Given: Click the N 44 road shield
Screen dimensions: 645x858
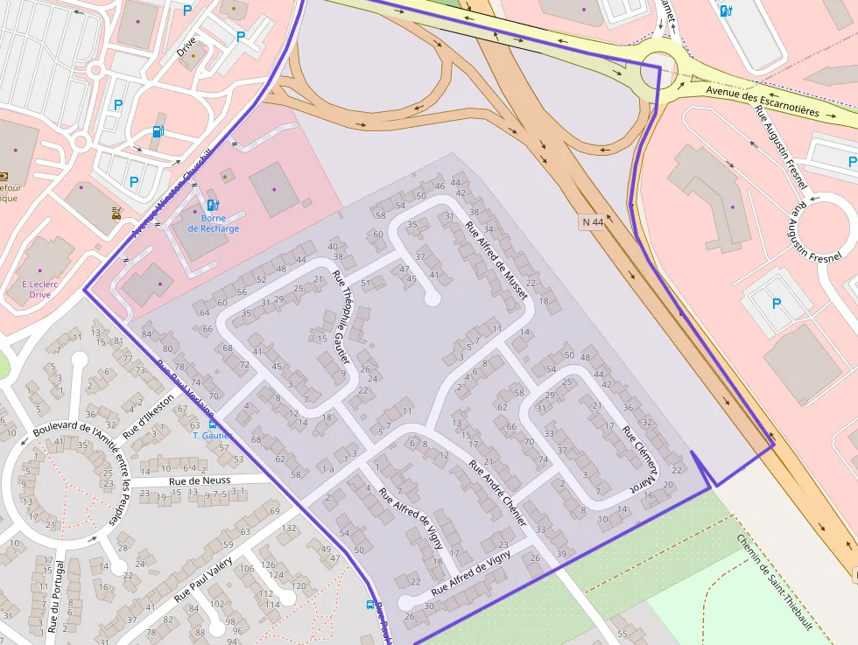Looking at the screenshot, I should (593, 222).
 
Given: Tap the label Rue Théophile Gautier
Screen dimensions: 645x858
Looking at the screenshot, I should (341, 317).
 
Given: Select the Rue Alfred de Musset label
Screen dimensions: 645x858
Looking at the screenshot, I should (496, 261).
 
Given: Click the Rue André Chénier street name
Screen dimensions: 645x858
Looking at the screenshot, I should (497, 493).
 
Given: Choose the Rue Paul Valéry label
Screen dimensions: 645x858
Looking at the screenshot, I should (202, 578).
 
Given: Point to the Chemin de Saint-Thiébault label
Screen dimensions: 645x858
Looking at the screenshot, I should (775, 583).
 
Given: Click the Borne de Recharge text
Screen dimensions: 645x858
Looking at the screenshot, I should (213, 223).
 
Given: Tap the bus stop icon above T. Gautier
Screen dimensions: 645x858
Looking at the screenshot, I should (213, 424).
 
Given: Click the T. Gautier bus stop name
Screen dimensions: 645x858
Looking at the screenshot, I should (213, 436).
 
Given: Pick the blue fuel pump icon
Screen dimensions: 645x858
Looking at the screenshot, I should (158, 131).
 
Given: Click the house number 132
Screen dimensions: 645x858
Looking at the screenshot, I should (290, 529).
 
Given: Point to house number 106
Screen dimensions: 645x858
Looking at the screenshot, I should (248, 570).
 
